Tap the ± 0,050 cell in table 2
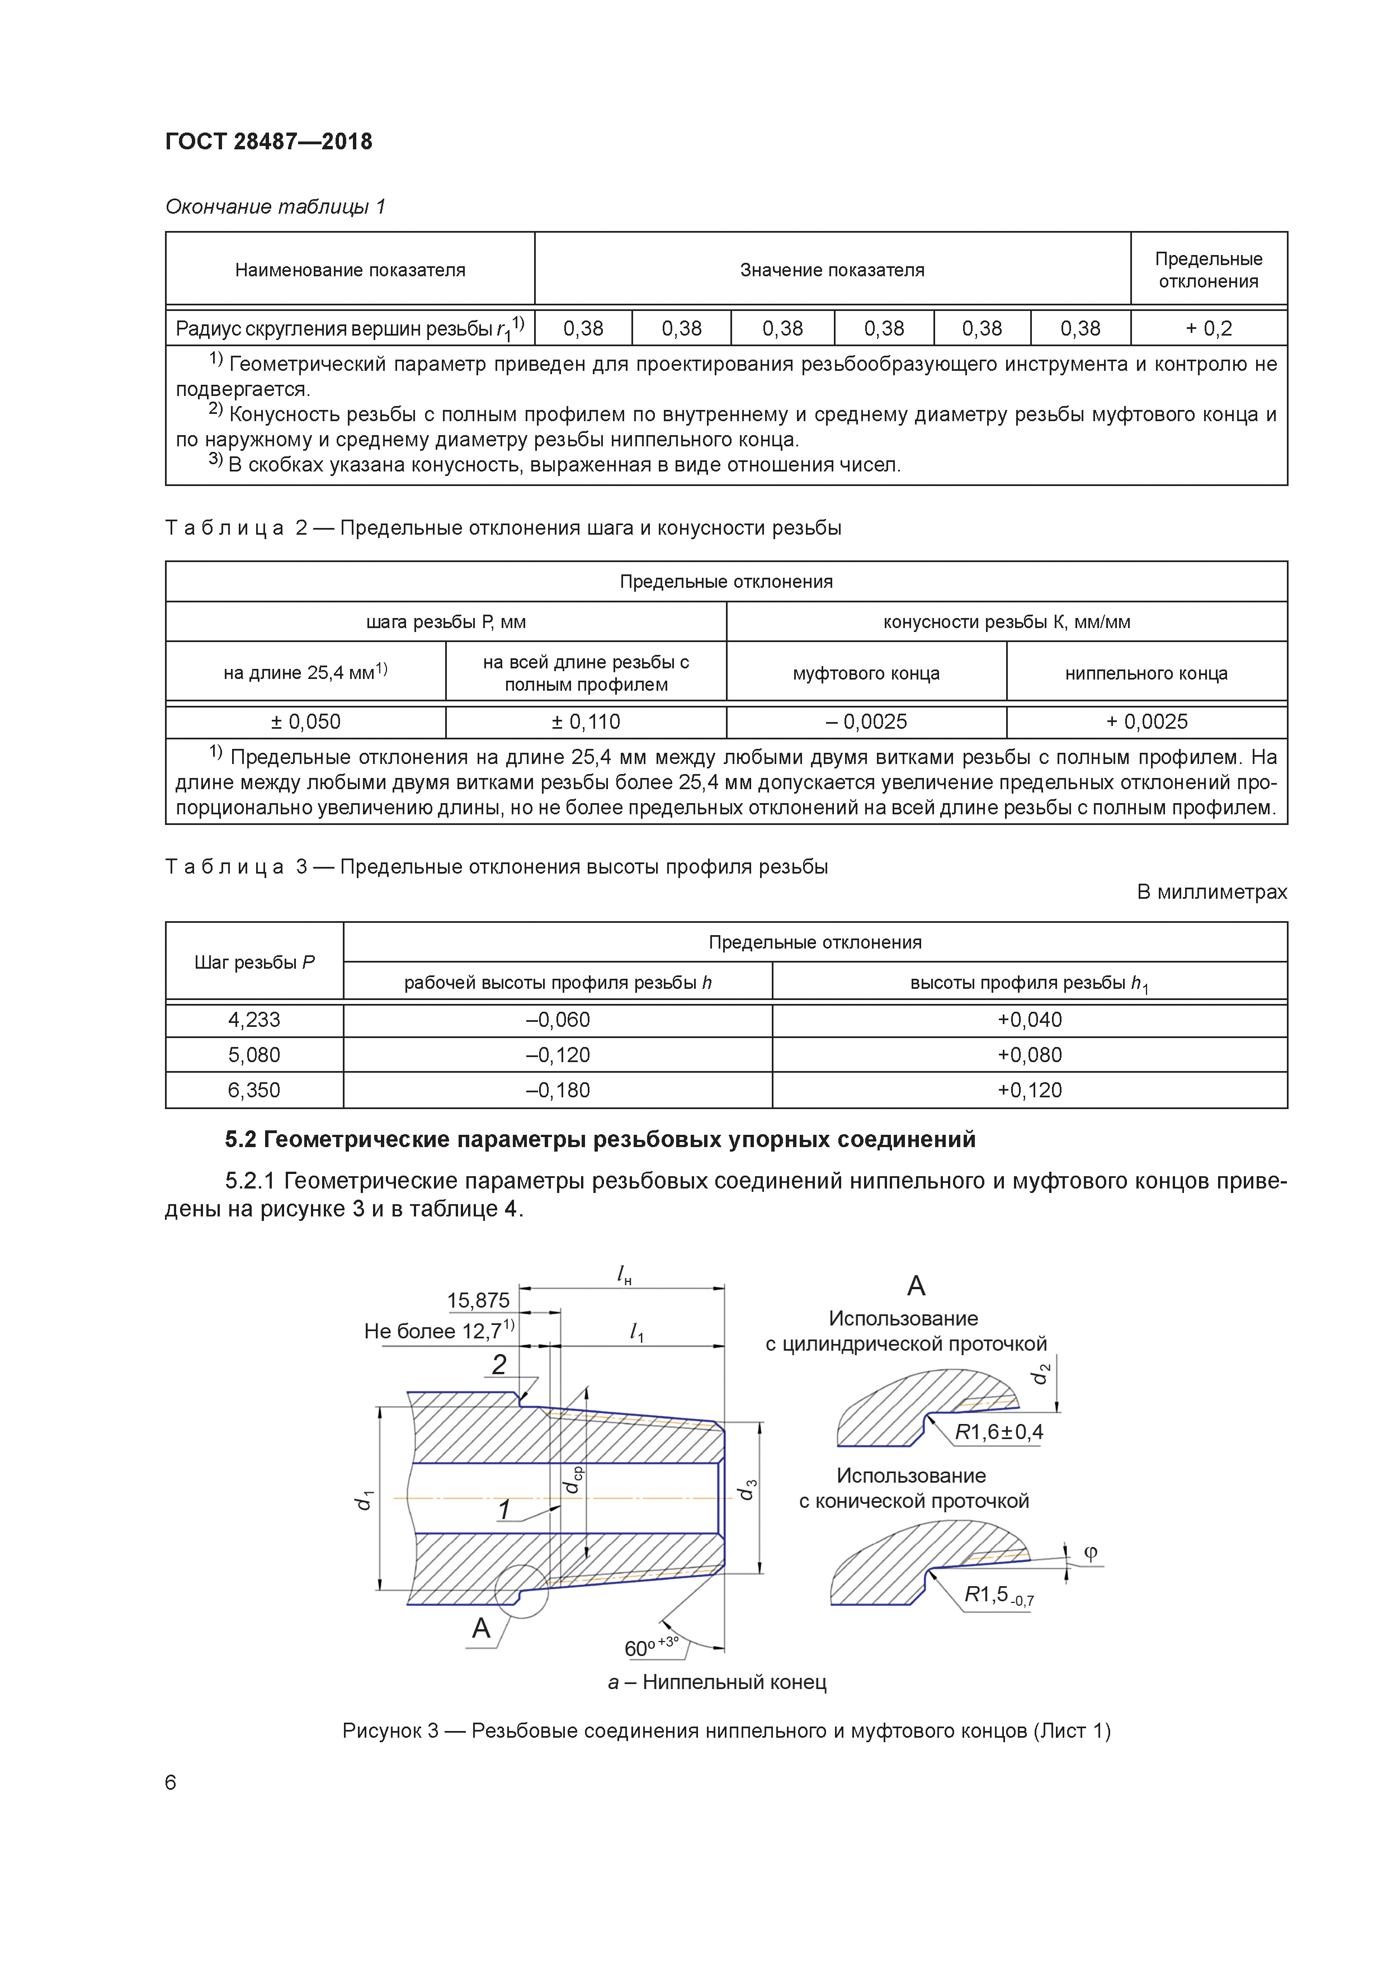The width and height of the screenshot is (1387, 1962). click(x=305, y=722)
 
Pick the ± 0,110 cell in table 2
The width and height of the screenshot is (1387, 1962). click(x=586, y=722)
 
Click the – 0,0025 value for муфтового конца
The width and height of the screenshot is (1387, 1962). click(x=866, y=722)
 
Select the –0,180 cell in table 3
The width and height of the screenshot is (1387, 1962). click(x=557, y=1091)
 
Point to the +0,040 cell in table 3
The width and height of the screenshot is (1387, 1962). click(x=1029, y=1020)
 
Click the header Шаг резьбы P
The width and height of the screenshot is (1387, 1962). click(x=254, y=962)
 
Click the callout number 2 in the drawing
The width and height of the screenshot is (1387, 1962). click(x=499, y=1365)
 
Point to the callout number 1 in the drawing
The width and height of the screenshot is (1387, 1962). click(x=504, y=1511)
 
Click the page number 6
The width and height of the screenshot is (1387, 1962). click(x=171, y=1782)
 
